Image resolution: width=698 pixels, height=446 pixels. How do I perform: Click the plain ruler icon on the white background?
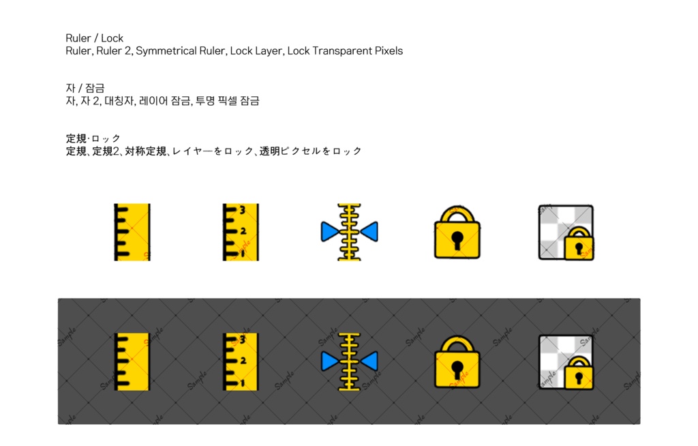coord(132,232)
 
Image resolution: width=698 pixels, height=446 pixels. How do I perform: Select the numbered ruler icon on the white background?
coord(241,232)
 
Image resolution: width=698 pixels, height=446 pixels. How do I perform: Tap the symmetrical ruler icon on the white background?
coord(350,232)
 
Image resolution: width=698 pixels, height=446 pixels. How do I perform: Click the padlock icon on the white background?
coord(457,232)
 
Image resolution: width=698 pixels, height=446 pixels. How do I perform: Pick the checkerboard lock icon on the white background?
coord(566,232)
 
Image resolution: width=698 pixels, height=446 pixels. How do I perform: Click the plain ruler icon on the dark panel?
coord(132,362)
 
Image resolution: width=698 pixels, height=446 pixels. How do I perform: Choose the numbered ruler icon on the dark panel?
coord(241,362)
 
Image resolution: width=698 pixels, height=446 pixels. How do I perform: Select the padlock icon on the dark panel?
coord(457,362)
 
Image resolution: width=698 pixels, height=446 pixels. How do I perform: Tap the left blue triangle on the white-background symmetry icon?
coord(330,232)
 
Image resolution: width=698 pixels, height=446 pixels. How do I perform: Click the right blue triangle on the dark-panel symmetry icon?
coord(369,361)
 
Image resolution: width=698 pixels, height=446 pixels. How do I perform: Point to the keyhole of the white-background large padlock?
coord(457,241)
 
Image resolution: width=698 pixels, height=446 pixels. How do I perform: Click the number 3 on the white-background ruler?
coord(243,210)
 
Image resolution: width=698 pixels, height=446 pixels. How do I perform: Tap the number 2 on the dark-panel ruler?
coord(243,361)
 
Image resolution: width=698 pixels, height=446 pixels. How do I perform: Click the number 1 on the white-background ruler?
coord(243,254)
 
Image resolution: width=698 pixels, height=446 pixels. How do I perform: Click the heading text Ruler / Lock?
coord(94,38)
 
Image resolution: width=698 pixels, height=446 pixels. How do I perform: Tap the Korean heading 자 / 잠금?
coord(85,88)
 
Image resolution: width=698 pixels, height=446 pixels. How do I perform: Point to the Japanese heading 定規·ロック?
coord(93,138)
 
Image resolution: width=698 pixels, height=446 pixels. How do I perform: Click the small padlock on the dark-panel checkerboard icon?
coord(579,374)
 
